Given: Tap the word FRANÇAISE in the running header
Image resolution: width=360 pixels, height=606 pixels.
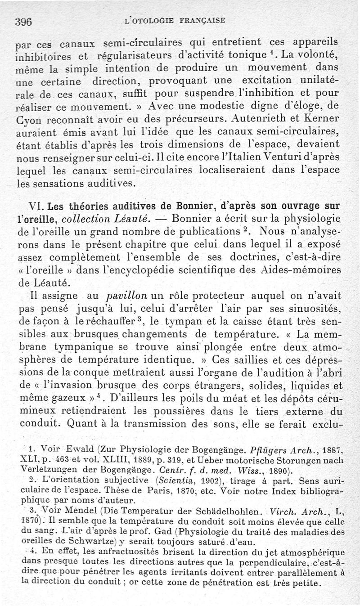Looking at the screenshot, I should point(202,20).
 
